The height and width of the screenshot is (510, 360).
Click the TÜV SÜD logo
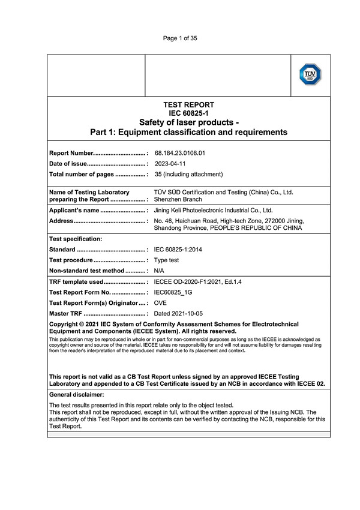[310, 76]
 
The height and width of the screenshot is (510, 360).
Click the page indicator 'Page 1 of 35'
[180, 38]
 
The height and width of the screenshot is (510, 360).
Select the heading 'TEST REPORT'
[188, 104]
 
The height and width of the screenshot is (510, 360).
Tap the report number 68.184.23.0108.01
[180, 153]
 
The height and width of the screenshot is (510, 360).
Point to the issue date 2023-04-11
[170, 164]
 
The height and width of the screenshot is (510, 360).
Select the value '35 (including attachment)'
[188, 175]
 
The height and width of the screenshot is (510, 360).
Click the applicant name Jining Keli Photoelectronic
[213, 211]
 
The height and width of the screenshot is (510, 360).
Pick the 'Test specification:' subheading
[76, 238]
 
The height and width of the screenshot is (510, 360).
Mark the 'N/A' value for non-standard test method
[160, 271]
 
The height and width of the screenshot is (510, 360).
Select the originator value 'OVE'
[161, 303]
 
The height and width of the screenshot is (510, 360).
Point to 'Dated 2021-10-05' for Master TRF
[178, 314]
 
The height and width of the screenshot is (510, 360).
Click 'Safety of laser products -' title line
[188, 122]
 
